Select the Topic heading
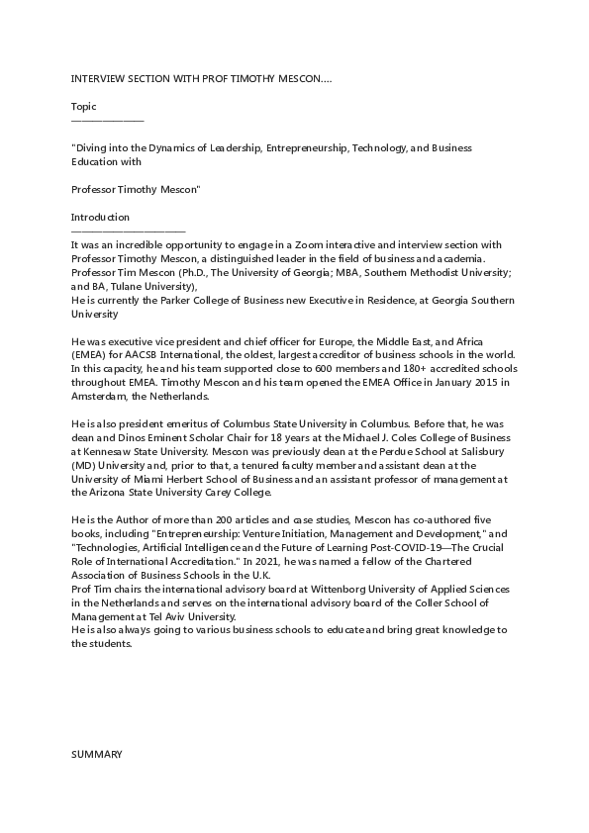tap(84, 106)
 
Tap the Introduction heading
tap(100, 217)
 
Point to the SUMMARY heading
tap(96, 754)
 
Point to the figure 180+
tap(431, 368)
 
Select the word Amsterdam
tap(98, 396)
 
